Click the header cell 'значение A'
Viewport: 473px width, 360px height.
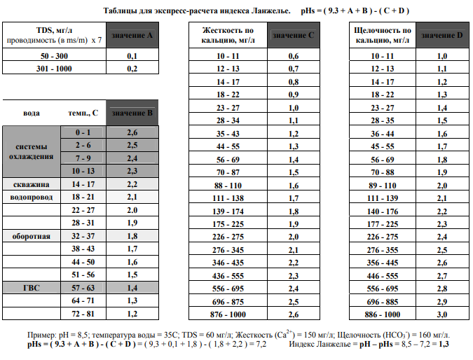[x=130, y=34]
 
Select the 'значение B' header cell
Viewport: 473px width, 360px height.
[x=132, y=113]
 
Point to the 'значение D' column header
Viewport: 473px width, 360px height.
[x=442, y=34]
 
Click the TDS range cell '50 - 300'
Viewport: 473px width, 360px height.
[x=54, y=55]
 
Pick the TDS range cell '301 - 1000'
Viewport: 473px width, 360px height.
[x=54, y=68]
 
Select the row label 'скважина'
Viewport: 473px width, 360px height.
[x=32, y=184]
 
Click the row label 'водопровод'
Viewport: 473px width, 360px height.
[x=32, y=198]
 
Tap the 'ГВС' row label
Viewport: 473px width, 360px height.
[x=32, y=288]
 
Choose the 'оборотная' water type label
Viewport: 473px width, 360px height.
[x=32, y=236]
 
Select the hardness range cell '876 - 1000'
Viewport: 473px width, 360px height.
[x=228, y=314]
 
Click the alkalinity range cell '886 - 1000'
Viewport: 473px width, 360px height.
[x=383, y=314]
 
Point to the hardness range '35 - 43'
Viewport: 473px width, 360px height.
[x=228, y=133]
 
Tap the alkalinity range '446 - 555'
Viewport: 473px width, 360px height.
[x=383, y=275]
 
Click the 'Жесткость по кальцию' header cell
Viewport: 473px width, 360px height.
[x=228, y=34]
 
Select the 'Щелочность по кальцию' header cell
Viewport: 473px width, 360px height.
[x=383, y=34]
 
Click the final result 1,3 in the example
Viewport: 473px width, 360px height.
[x=444, y=345]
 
